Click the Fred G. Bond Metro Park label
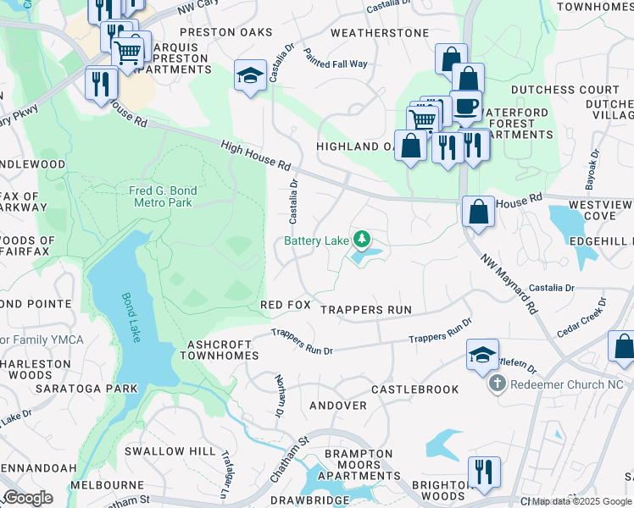pyautogui.click(x=160, y=196)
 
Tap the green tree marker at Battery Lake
pyautogui.click(x=362, y=240)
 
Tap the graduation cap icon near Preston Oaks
pyautogui.click(x=250, y=76)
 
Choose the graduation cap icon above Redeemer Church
pyautogui.click(x=482, y=355)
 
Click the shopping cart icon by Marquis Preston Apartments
pyautogui.click(x=129, y=52)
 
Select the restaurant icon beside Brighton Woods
pyautogui.click(x=483, y=472)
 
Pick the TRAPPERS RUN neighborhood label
pyautogui.click(x=366, y=310)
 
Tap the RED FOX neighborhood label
pyautogui.click(x=286, y=304)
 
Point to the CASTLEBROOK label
pyautogui.click(x=415, y=389)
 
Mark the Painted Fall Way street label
pyautogui.click(x=336, y=58)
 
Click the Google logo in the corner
pyautogui.click(x=28, y=497)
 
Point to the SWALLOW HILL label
pyautogui.click(x=170, y=451)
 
